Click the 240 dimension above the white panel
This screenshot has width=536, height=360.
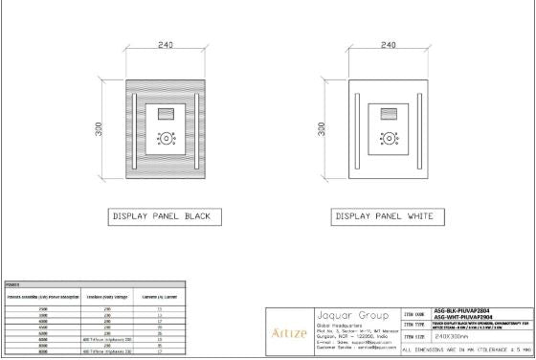tap(388, 45)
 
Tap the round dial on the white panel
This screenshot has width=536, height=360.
tap(388, 137)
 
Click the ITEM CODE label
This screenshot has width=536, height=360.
tap(414, 313)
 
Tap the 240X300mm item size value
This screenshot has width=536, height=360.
tap(455, 337)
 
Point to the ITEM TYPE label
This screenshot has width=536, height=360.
tap(414, 326)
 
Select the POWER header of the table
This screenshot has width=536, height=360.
tap(13, 283)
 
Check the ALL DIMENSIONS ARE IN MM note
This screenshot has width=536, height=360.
tap(466, 350)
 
